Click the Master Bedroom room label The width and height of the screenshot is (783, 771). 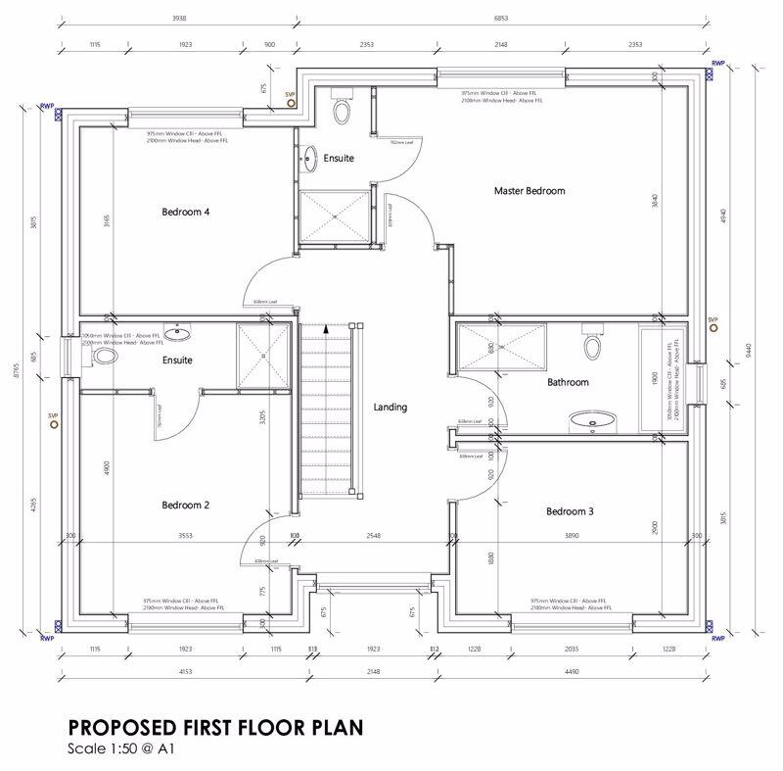point(529,191)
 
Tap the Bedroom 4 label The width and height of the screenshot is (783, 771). point(186,212)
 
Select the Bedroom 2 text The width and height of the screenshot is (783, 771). point(186,506)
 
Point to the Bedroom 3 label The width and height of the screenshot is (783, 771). point(571,511)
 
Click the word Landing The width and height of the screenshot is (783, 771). point(390,408)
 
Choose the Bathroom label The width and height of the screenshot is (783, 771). point(568,382)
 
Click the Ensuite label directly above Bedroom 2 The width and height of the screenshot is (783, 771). point(177,361)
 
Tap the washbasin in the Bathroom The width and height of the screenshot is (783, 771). point(591,422)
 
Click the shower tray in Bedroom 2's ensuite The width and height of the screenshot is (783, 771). point(263,353)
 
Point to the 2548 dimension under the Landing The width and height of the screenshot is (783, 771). point(374,537)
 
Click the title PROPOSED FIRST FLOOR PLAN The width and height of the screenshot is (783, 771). point(214,728)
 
